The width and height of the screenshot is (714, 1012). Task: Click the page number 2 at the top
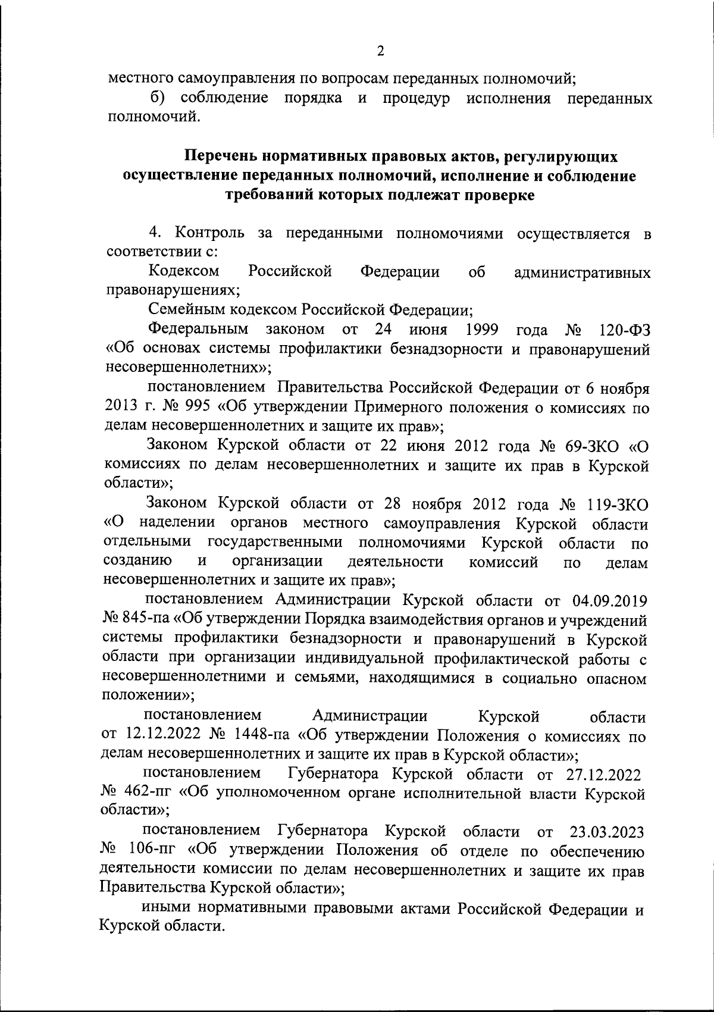click(x=381, y=51)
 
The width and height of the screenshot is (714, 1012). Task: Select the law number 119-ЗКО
click(x=617, y=503)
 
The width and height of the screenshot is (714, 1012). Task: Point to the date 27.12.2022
click(x=602, y=775)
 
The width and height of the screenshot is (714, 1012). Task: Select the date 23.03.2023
click(x=606, y=831)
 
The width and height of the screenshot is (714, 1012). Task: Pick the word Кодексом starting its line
click(x=183, y=272)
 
